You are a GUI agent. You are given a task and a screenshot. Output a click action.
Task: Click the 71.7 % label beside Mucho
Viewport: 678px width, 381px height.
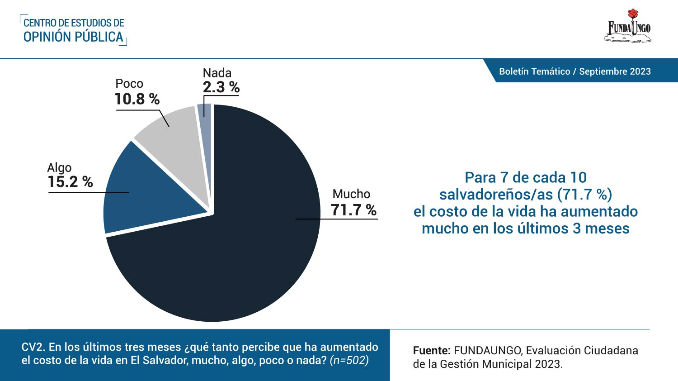point(353,210)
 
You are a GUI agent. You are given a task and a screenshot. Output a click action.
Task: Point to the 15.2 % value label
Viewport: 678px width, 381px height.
point(70,182)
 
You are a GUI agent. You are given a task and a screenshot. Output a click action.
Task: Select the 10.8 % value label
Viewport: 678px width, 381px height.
point(137,99)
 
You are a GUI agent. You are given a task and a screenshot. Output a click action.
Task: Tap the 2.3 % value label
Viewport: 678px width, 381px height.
point(221,87)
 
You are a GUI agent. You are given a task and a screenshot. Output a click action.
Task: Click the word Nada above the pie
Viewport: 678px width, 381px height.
point(217,73)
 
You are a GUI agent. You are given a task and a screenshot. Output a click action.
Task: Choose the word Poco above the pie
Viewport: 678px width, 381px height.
point(129,84)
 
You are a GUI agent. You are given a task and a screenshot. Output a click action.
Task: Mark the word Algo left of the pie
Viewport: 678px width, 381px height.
point(59,168)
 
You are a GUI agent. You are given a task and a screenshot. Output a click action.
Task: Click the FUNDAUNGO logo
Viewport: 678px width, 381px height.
point(628,29)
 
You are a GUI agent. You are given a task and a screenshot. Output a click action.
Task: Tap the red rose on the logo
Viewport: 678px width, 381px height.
point(633,14)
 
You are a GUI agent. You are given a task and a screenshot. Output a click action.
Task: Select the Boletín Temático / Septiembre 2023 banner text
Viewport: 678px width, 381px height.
point(574,71)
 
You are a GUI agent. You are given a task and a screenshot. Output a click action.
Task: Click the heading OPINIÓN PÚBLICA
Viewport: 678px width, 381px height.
point(73,37)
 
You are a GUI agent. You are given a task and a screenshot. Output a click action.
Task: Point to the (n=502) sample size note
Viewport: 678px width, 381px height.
point(349,360)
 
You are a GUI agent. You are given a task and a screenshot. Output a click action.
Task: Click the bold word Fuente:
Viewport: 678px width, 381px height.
point(432,351)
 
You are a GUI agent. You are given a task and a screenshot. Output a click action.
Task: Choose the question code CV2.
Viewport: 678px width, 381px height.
point(33,347)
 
